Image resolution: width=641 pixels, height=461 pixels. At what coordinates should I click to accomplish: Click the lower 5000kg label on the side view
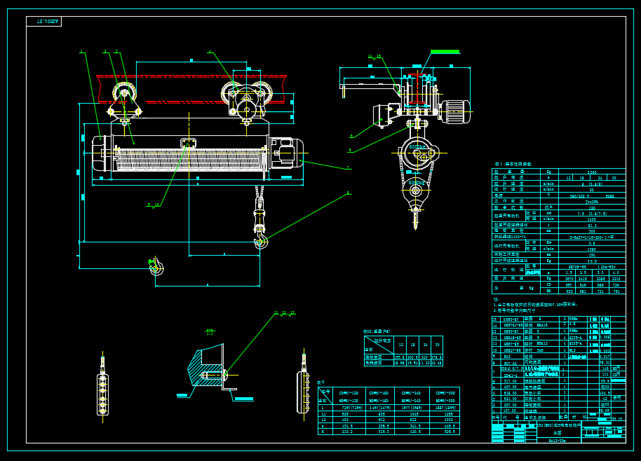click(x=416, y=183)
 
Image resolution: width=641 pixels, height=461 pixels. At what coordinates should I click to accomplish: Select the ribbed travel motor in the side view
click(x=454, y=111)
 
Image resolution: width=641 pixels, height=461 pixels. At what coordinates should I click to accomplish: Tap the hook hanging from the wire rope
click(x=260, y=242)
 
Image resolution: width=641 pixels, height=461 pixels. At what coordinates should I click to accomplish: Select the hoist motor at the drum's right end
click(x=287, y=153)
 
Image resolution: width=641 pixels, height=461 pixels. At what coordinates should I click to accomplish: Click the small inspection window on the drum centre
click(x=189, y=144)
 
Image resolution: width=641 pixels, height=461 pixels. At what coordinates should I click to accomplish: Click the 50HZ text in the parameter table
click(x=609, y=195)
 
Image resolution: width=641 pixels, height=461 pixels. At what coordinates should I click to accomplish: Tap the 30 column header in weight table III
click(x=437, y=345)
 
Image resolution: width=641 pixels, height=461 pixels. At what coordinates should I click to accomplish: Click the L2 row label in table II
click(x=323, y=419)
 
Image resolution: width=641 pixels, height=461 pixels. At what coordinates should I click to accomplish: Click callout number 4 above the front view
click(x=209, y=51)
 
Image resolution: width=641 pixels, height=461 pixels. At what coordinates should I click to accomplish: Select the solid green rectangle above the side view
click(x=445, y=52)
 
